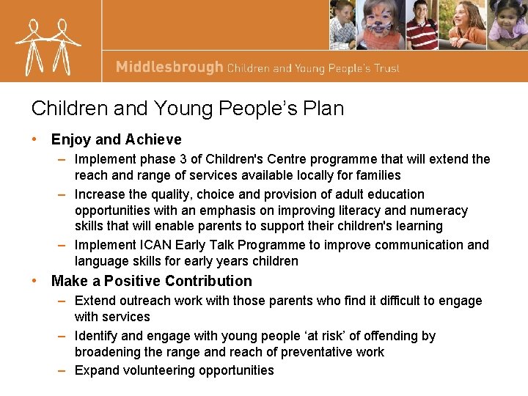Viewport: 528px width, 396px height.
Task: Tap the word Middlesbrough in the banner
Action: coord(169,67)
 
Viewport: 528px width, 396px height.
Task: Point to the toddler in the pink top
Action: coord(507,25)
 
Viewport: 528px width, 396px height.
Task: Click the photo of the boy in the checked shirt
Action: coord(342,25)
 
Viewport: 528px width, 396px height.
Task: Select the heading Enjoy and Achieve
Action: coord(116,139)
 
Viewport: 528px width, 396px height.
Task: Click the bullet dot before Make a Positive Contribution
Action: coord(34,281)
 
